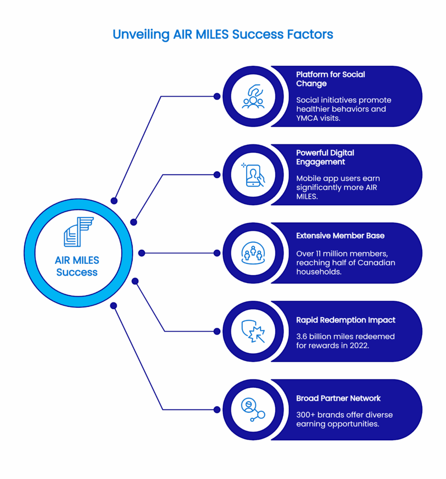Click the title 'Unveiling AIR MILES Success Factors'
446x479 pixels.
(223, 34)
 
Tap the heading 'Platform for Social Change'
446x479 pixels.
(330, 79)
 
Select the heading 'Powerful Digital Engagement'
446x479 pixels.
(325, 157)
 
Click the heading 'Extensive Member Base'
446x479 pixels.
(340, 236)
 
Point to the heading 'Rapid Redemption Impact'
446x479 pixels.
(345, 320)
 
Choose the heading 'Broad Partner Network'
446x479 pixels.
(338, 398)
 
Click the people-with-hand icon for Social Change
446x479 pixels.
(253, 96)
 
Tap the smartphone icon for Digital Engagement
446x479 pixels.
(253, 175)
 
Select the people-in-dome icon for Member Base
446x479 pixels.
(253, 253)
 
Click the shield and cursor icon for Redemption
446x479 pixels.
(253, 331)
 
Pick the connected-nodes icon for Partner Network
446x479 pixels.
(253, 410)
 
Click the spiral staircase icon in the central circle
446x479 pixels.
(78, 232)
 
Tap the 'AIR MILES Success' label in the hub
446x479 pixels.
(77, 266)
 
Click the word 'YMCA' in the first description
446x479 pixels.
(307, 118)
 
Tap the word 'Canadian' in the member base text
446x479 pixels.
(376, 262)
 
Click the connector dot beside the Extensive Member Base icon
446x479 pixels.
(217, 253)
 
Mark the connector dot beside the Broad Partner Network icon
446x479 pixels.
(217, 410)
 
